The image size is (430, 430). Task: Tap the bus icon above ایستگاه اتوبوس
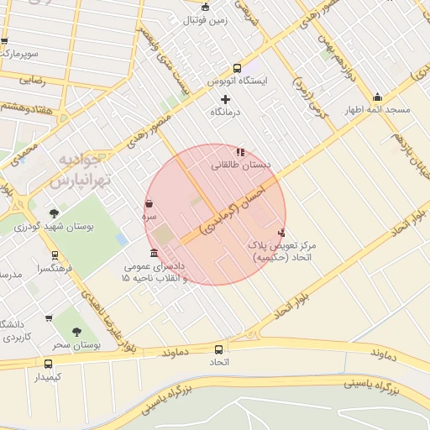click(x=237, y=68)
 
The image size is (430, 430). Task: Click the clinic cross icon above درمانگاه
click(x=225, y=100)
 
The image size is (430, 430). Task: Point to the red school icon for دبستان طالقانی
click(x=240, y=152)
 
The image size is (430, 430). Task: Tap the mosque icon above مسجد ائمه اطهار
click(x=376, y=97)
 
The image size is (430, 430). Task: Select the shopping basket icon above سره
click(x=149, y=203)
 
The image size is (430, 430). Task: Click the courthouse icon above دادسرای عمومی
click(x=153, y=253)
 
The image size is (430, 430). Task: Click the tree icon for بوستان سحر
click(x=77, y=332)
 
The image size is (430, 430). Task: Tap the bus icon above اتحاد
click(x=219, y=349)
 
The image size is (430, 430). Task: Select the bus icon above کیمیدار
click(x=48, y=364)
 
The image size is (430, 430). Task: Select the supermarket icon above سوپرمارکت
click(x=4, y=40)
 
